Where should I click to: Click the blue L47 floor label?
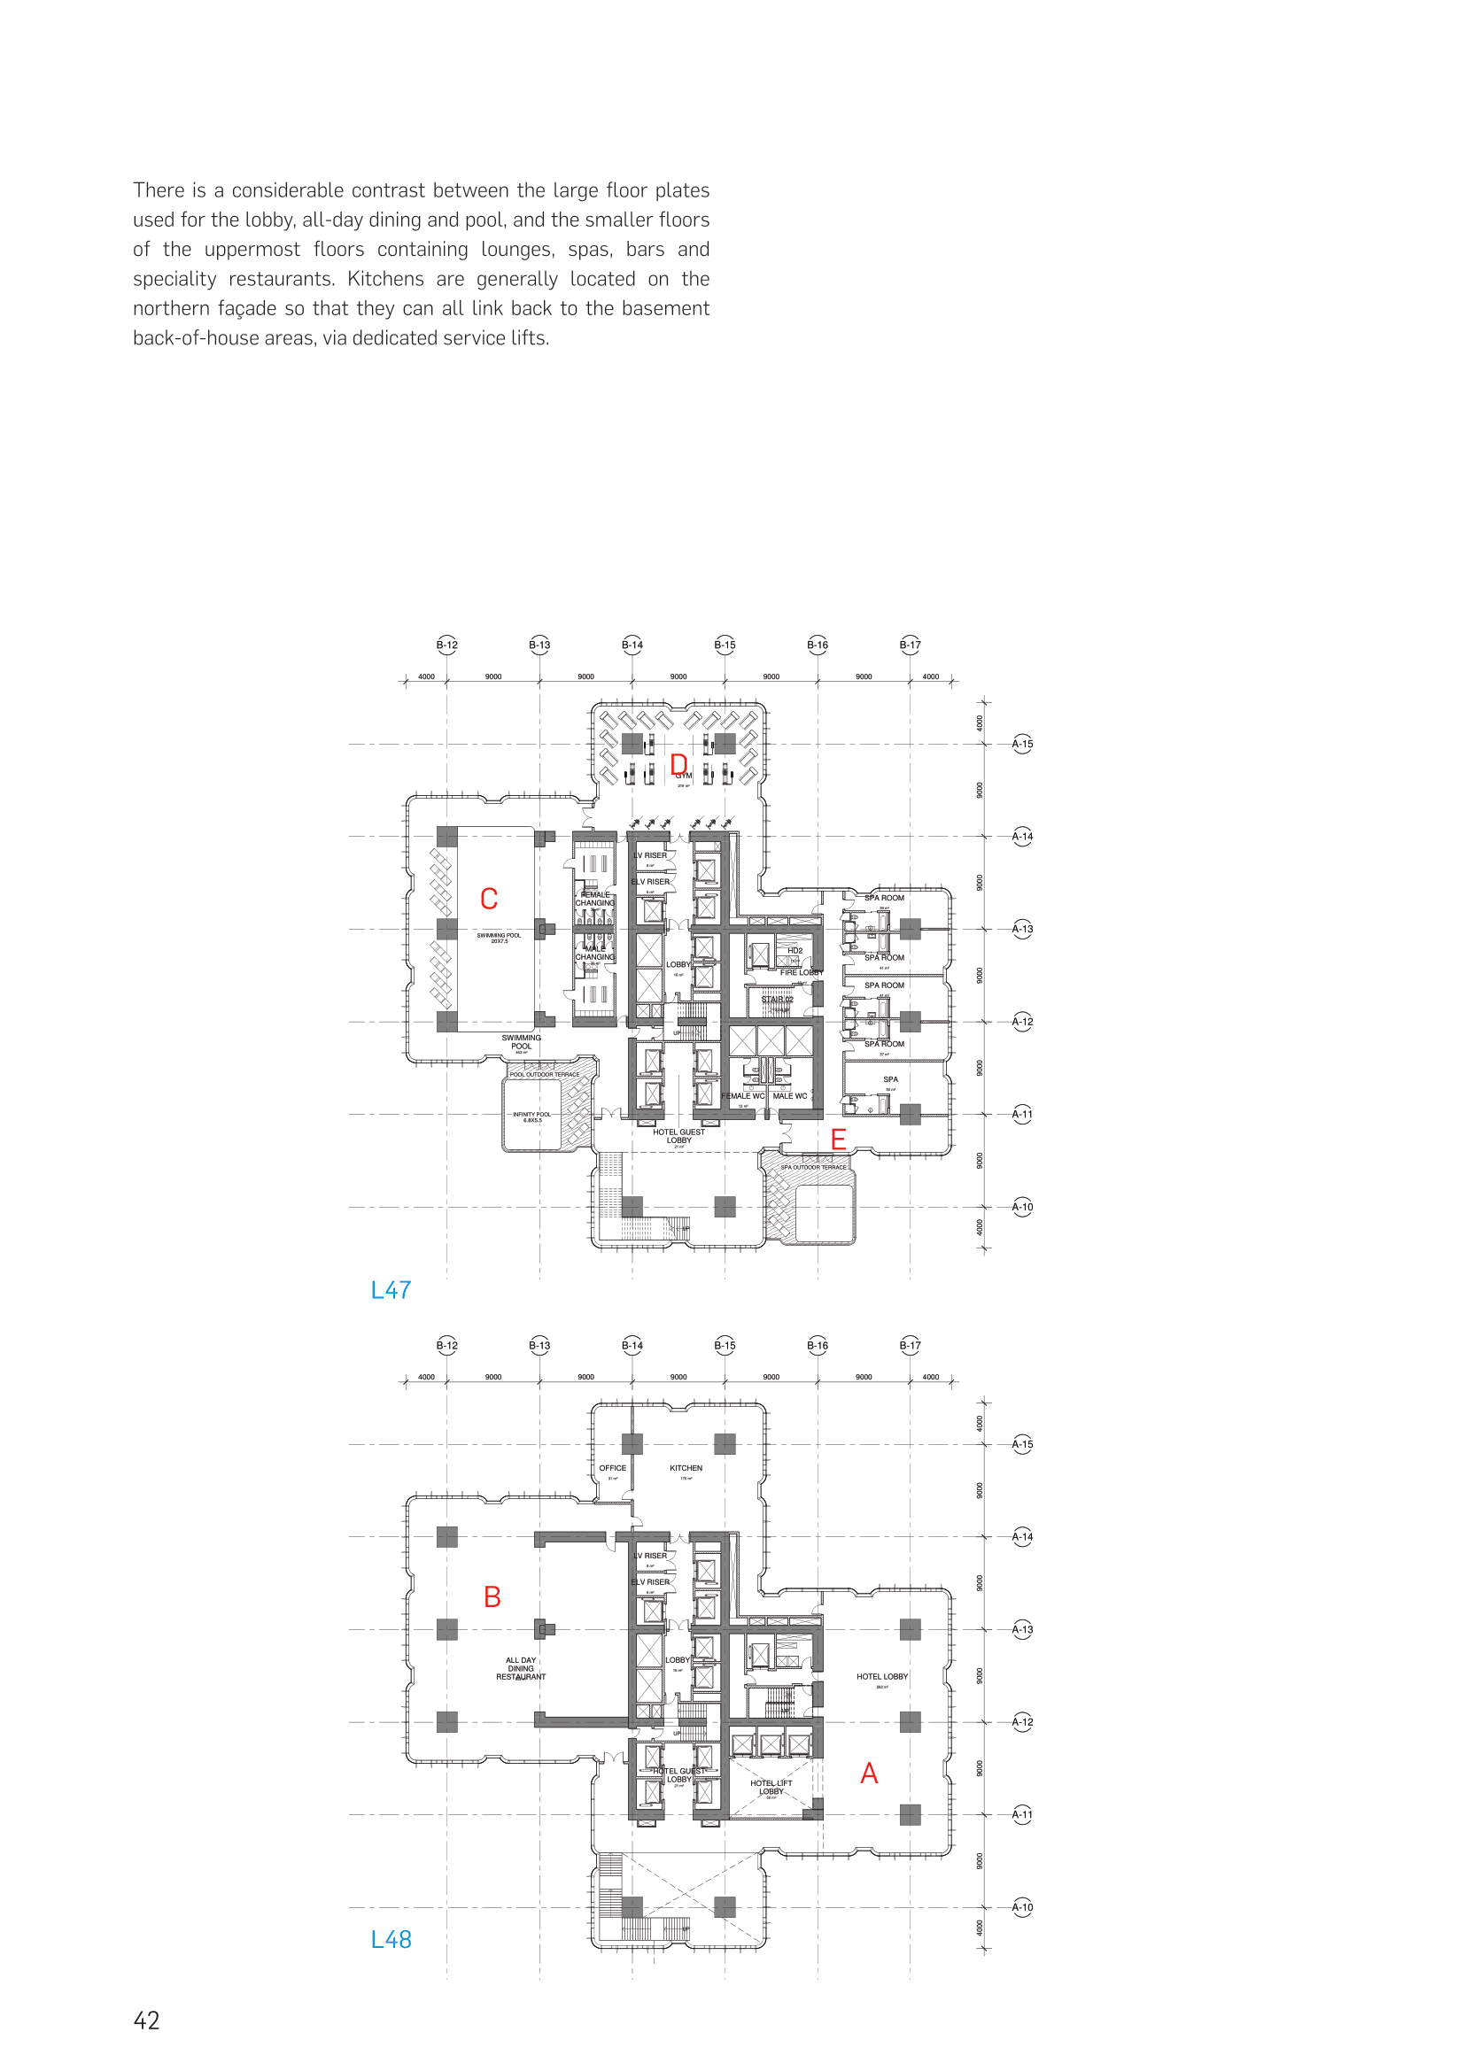point(391,1290)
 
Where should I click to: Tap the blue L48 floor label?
point(391,1939)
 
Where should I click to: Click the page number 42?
point(146,2021)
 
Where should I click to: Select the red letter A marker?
point(869,1773)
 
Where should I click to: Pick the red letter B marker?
point(492,1596)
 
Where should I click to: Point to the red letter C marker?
point(489,899)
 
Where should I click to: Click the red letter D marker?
point(678,765)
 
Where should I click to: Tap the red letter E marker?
point(838,1140)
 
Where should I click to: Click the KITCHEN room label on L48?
point(686,1467)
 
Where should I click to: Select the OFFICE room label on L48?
point(613,1467)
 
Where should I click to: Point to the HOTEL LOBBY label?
point(882,1676)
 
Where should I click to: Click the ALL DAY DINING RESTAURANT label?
point(521,1668)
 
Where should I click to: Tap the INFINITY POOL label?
point(531,1115)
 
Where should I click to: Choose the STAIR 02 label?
point(777,1000)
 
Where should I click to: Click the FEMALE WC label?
point(742,1096)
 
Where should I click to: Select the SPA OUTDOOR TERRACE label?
point(814,1167)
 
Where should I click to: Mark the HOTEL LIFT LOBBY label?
point(771,1787)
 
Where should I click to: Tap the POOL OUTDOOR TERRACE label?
point(545,1074)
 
